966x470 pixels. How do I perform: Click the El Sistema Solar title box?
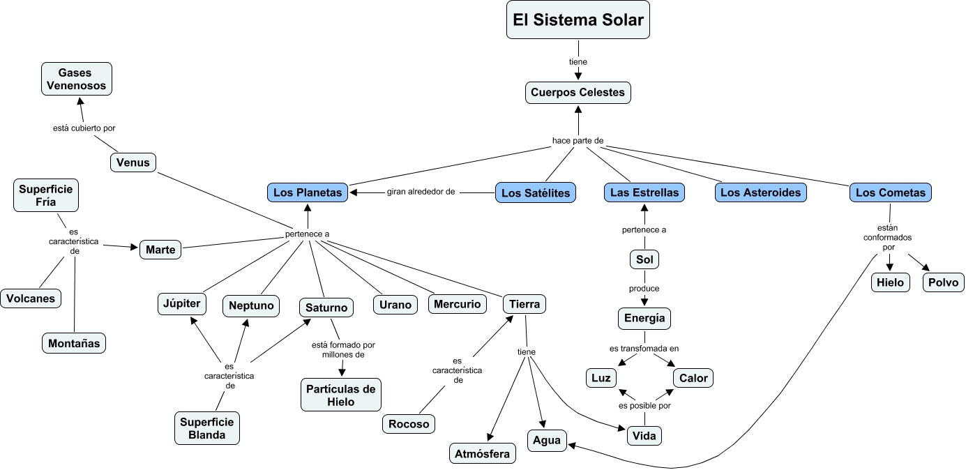578,20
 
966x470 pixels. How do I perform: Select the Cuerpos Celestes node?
578,92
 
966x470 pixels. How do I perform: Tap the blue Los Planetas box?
308,192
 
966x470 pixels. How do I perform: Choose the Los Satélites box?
536,192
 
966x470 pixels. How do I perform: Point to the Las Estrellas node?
644,192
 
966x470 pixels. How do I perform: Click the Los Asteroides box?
760,192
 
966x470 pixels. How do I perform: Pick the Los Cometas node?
890,192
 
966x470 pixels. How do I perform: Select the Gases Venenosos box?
76,79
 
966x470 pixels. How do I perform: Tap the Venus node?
133,162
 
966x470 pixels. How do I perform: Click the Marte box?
160,249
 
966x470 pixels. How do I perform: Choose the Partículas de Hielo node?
341,395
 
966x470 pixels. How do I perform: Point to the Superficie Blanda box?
207,428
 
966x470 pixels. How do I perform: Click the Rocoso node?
409,424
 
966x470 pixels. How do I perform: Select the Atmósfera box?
482,453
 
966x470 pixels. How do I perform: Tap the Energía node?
644,319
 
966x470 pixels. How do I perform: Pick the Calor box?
693,378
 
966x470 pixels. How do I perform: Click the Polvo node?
944,282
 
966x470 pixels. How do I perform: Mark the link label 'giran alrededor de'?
421,192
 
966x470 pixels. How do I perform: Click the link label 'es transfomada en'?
644,348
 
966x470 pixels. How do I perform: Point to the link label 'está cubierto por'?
84,128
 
